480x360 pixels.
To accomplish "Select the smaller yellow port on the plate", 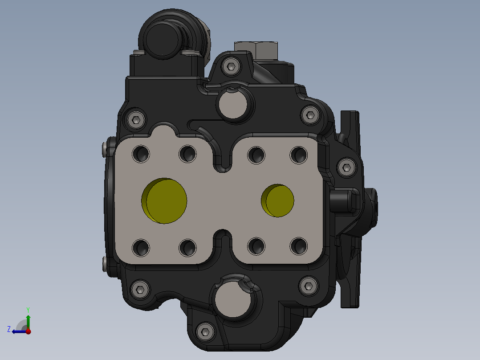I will pos(278,200).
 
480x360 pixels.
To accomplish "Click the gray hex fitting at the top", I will pos(256,49).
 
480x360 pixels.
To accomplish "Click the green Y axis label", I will pos(28,309).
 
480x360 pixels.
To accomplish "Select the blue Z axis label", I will pos(9,329).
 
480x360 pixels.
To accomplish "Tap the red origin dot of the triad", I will pos(28,331).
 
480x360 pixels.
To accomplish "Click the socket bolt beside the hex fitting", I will pos(231,67).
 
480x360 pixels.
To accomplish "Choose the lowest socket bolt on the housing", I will pos(205,331).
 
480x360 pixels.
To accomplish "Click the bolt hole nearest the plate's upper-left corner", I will pos(142,154).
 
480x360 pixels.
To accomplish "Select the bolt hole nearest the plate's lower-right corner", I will pos(298,246).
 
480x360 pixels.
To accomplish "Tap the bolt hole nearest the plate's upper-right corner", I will pos(298,154).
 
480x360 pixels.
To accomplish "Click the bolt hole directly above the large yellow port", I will pos(187,154).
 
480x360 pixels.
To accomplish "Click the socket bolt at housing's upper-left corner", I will pos(136,119).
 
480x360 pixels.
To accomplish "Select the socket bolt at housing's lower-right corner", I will pos(308,285).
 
